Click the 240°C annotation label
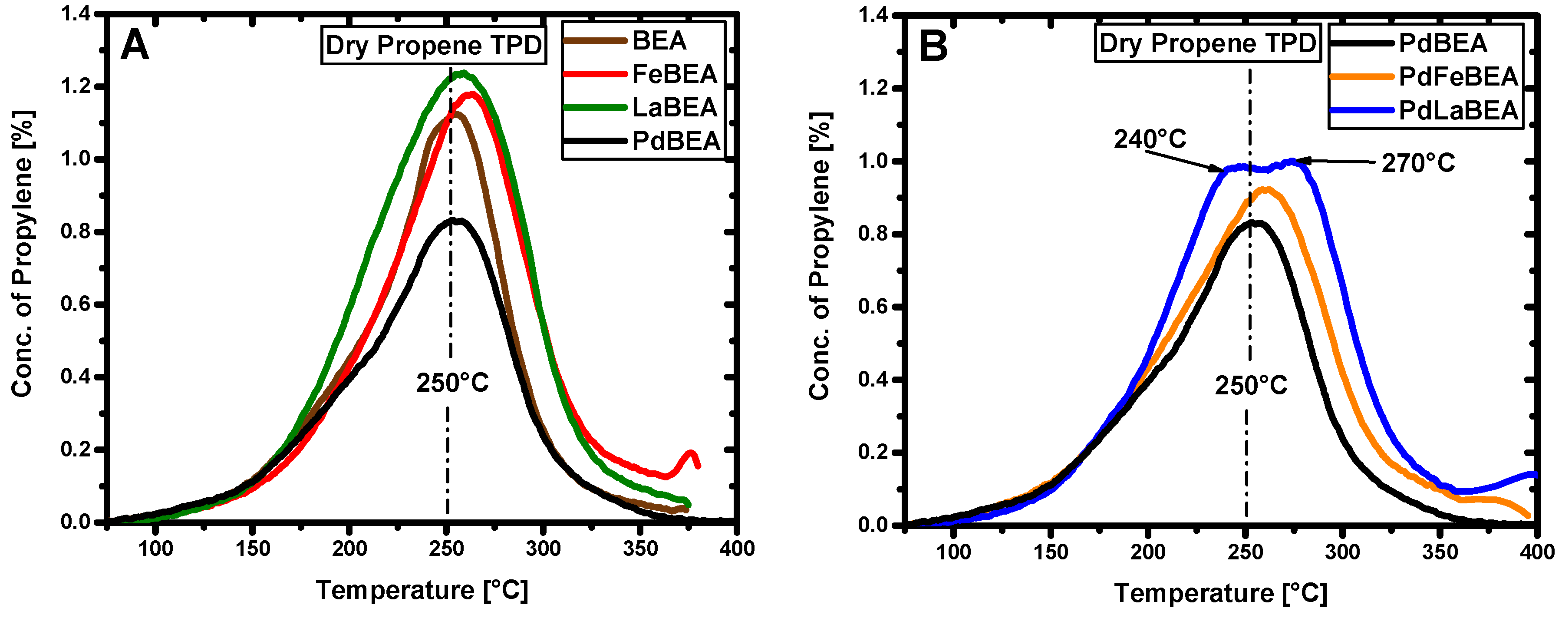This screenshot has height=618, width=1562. tap(1150, 139)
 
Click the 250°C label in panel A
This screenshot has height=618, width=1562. tap(452, 383)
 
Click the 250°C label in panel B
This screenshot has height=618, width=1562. tap(1250, 386)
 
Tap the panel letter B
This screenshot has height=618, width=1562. tap(933, 47)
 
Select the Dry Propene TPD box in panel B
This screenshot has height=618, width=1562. tap(1207, 43)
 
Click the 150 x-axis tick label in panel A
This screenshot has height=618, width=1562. tap(252, 549)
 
